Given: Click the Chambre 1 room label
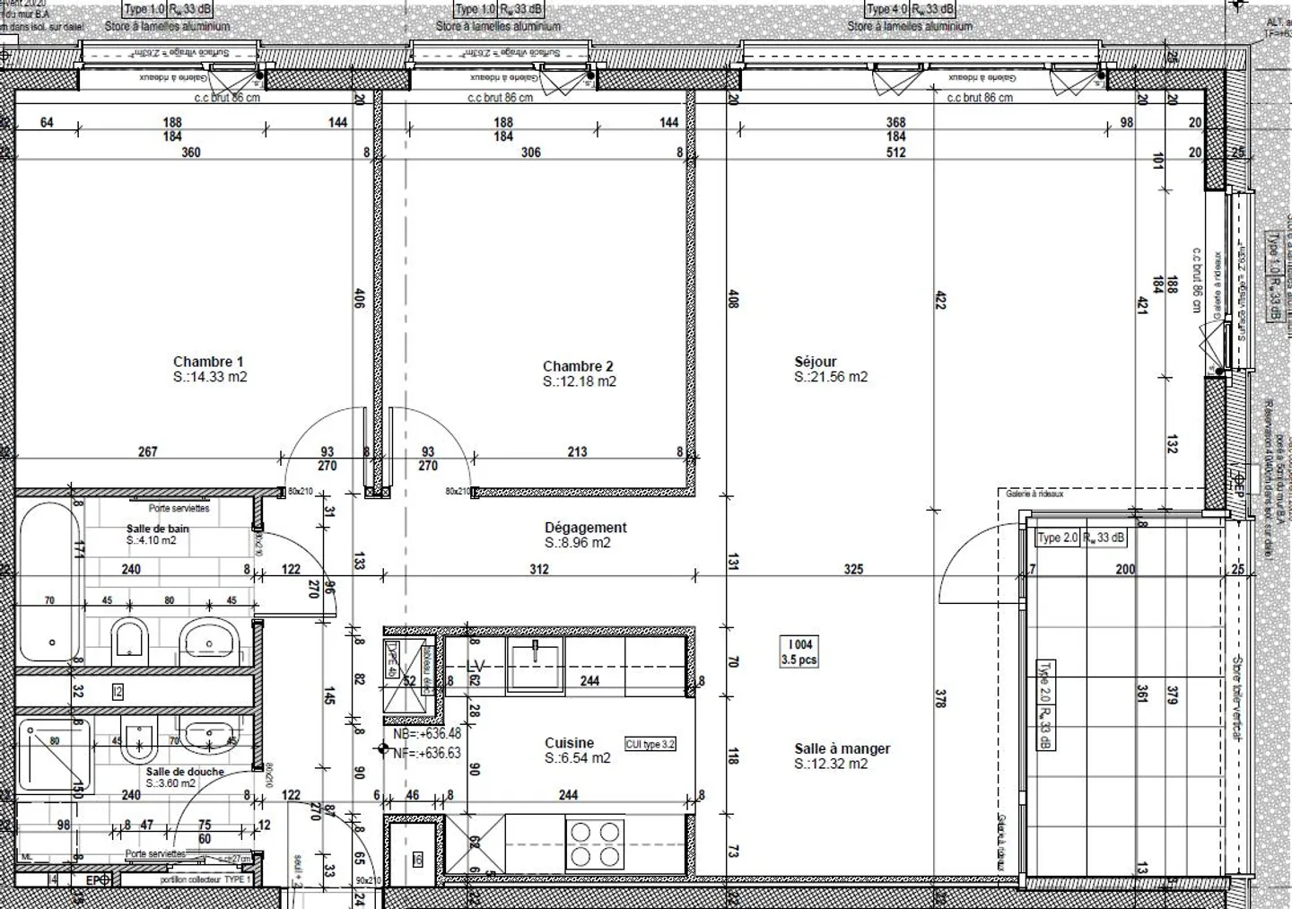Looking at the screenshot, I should pos(208,362).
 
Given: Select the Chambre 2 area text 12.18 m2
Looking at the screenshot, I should pos(579,381).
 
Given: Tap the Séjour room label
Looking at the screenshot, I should pos(815,362).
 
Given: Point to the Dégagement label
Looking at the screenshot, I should pos(585,528).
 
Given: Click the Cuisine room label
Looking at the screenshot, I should pos(569,743).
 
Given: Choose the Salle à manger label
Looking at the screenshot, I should pos(842,748).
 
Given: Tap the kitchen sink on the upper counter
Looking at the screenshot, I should pos(535,664).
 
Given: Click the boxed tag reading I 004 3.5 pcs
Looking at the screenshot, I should pos(799,651).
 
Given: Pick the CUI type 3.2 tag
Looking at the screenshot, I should pos(650,744).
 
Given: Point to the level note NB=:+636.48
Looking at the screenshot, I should pos(427,734).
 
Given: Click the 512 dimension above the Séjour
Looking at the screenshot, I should pos(895,153).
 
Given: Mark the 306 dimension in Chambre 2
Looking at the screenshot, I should pos(530,153).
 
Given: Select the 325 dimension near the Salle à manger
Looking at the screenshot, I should pos(853,569).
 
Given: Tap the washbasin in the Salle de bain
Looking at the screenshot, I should pos(210,640).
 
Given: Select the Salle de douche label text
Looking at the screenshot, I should pos(185,772).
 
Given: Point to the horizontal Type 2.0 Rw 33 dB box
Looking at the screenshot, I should pos(1080,538).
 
